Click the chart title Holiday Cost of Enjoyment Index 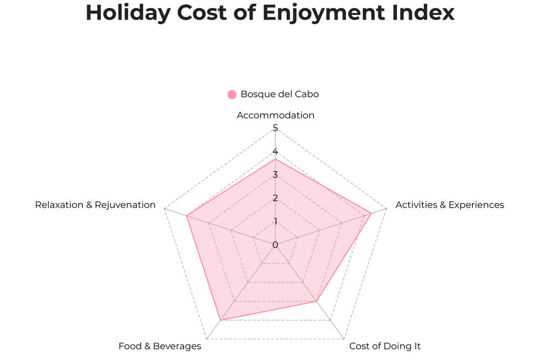tap(270, 13)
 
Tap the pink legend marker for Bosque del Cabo tap(232, 94)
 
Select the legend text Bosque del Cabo tap(279, 94)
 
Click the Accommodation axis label tap(275, 115)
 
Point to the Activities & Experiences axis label tap(449, 205)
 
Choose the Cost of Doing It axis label tap(385, 346)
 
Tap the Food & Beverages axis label tap(160, 346)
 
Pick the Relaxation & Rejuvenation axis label tap(95, 205)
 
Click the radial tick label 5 tap(275, 128)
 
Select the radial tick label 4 tap(275, 152)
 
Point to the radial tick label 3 tap(275, 175)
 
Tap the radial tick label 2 tap(275, 198)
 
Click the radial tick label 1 tap(275, 221)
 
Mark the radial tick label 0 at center tap(275, 245)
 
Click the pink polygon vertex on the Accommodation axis tap(275, 159)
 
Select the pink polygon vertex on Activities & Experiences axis tap(372, 213)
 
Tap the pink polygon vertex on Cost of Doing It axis tap(316, 301)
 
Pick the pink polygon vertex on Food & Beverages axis tap(220, 320)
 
